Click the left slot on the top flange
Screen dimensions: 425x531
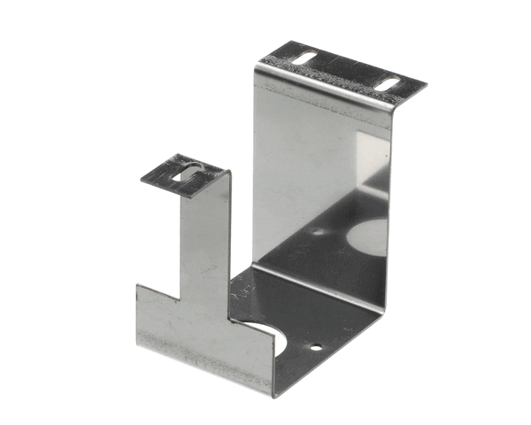(303, 58)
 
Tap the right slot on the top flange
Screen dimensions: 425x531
(390, 85)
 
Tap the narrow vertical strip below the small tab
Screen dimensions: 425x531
(206, 239)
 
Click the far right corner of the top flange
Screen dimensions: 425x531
(427, 86)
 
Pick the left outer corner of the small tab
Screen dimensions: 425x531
(140, 179)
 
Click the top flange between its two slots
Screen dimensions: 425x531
(345, 71)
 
